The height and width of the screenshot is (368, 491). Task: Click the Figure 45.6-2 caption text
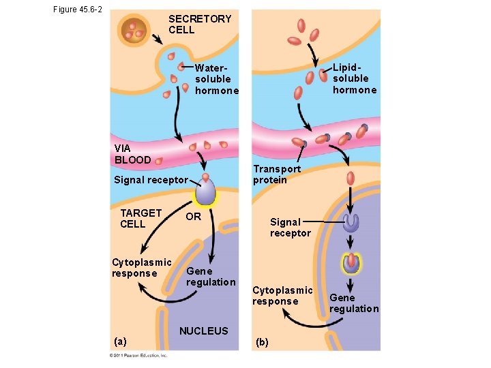(77, 9)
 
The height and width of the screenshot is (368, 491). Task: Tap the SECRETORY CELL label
(200, 25)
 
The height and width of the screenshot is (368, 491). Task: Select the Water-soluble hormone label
(216, 79)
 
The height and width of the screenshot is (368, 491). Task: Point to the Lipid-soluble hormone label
(354, 79)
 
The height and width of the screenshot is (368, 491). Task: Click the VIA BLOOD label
(132, 154)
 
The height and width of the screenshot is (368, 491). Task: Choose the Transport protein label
(276, 174)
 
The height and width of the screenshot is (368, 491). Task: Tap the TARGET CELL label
(140, 218)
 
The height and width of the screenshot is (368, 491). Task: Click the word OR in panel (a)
(194, 217)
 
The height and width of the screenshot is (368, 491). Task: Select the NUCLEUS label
(203, 331)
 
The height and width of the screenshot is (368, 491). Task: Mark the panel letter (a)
(120, 340)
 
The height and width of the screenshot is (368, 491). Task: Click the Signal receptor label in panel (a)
(150, 180)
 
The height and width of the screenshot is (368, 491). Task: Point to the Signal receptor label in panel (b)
(290, 228)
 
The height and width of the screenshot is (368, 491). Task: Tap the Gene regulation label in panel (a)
(211, 277)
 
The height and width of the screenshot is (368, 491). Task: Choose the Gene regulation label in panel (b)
(353, 303)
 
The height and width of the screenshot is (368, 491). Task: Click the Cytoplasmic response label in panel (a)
(141, 268)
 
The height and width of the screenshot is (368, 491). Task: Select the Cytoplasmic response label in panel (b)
(282, 296)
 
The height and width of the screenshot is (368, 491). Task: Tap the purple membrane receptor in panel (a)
(205, 190)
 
